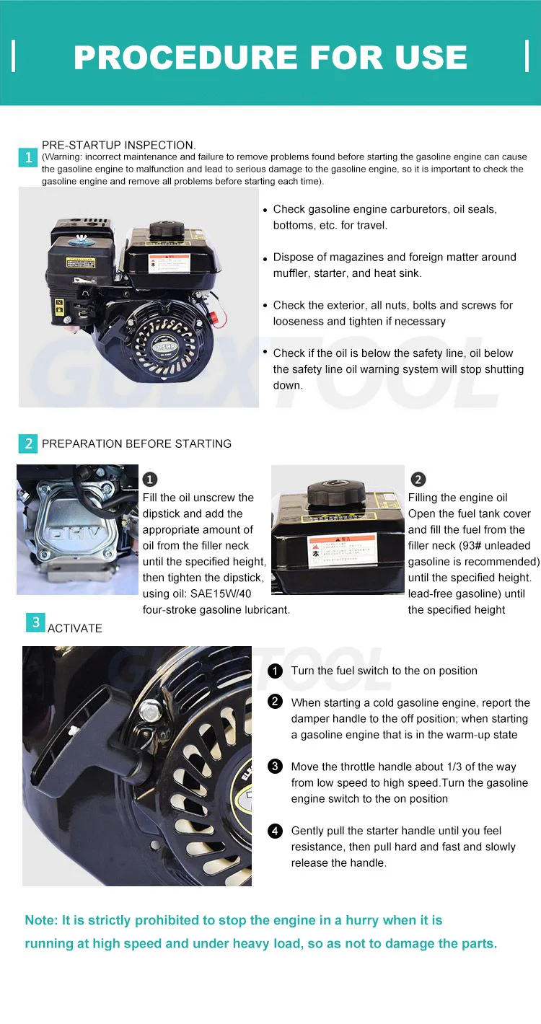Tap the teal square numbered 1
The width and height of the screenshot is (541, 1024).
(28, 157)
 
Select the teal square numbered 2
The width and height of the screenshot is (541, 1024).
(28, 443)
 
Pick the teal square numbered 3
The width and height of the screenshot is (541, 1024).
(35, 622)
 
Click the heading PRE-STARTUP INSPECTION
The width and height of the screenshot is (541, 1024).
(118, 145)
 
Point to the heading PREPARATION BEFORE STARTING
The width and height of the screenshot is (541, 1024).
(136, 443)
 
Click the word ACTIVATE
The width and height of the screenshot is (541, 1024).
(75, 628)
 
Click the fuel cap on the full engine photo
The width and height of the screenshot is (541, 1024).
(167, 232)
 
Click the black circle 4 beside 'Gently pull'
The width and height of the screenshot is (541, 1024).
(275, 831)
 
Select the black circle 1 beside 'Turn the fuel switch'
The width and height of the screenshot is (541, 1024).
(275, 671)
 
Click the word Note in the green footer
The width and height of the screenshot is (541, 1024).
(40, 921)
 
